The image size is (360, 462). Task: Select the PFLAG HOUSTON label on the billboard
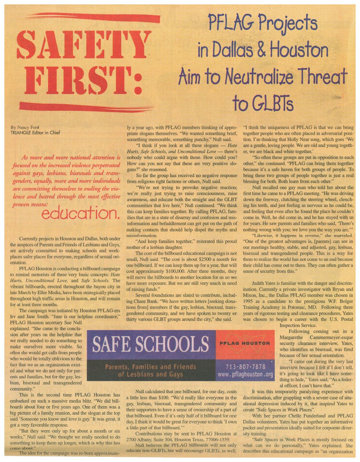244,343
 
